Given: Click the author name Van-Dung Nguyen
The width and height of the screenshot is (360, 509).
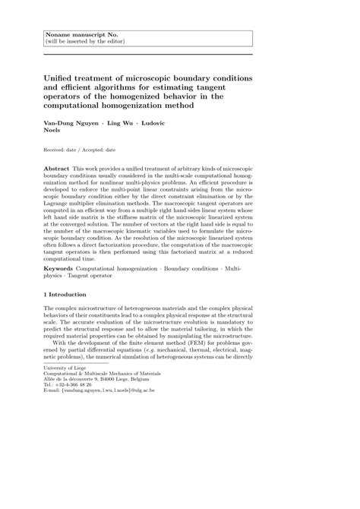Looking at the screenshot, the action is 72,123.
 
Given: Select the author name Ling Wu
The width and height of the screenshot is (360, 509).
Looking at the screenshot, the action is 124,123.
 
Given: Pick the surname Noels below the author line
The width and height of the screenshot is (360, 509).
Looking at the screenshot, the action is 56,131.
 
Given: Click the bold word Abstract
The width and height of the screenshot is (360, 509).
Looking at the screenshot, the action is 56,166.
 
